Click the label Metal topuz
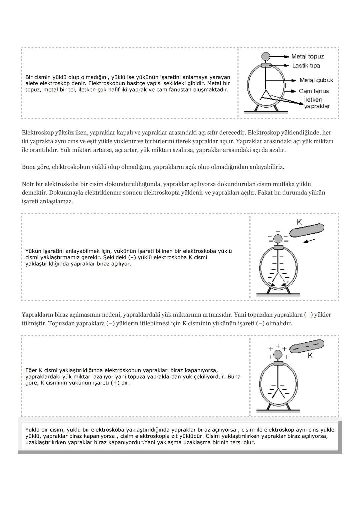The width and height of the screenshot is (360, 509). pos(307,57)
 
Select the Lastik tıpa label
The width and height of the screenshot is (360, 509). pos(306,66)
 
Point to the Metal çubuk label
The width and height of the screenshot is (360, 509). pos(316,80)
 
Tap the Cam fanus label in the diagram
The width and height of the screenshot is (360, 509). pos(314,91)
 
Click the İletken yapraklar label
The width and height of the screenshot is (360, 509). pos(316,103)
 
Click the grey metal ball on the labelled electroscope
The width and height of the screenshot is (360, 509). pos(266,56)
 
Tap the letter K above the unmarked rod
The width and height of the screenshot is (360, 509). pos(299,222)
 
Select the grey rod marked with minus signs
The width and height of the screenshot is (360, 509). pos(306,346)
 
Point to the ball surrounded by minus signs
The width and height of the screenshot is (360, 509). pos(278,239)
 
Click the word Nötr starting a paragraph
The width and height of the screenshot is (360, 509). pos(29,184)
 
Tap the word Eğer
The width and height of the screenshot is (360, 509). pos(31,370)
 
